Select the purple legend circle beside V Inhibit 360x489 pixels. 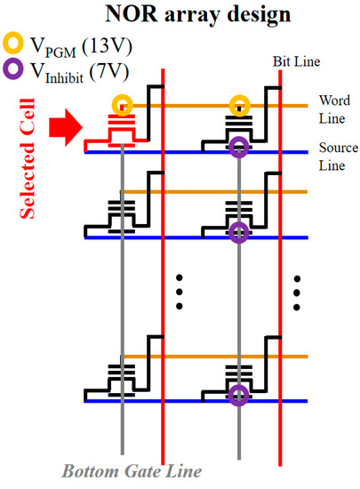[14, 68]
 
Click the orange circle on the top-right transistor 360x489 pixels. [238, 106]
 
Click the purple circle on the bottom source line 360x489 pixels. [238, 395]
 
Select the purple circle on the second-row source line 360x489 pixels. [238, 234]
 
